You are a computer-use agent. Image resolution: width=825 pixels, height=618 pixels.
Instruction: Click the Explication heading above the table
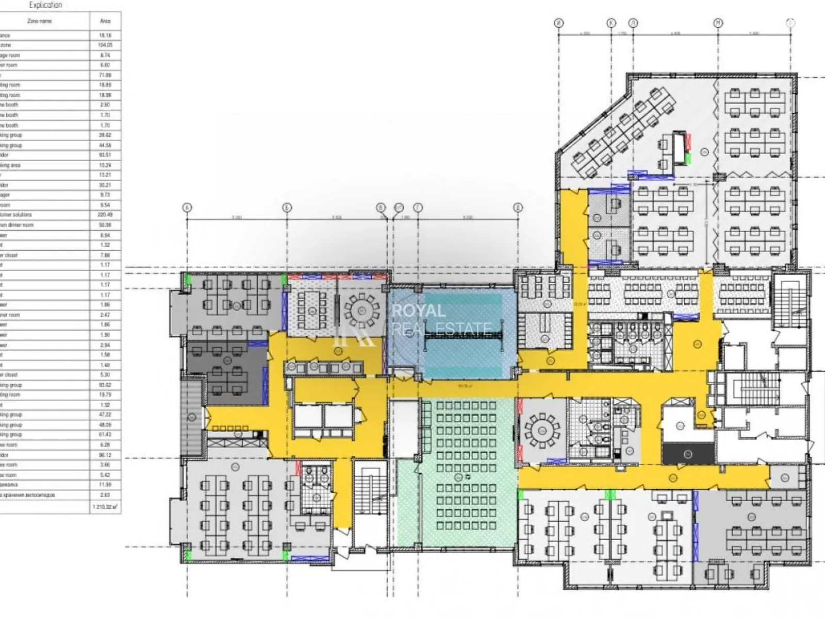[45, 5]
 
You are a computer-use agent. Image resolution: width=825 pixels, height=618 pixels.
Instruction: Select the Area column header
[105, 21]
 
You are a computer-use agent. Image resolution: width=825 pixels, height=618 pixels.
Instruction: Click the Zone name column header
[39, 21]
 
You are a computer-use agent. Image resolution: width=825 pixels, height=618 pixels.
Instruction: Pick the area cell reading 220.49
[105, 215]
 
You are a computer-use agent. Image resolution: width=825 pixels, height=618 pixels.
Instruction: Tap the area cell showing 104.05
[105, 45]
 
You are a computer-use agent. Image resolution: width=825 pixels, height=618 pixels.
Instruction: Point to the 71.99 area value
[105, 75]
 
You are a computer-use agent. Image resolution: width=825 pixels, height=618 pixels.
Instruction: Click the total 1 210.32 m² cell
[105, 507]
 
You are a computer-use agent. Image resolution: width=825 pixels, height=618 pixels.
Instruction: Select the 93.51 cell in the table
[105, 155]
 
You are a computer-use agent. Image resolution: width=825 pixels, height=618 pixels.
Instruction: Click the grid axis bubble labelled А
[187, 208]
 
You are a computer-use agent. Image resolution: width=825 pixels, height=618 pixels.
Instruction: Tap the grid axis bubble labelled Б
[287, 208]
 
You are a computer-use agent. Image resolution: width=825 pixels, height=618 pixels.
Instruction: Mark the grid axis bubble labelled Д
[518, 208]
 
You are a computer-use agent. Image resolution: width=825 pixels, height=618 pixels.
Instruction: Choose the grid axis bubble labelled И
[560, 23]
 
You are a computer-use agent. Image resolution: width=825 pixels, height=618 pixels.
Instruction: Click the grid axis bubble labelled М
[718, 23]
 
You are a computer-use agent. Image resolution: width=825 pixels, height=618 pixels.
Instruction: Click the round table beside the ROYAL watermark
[362, 310]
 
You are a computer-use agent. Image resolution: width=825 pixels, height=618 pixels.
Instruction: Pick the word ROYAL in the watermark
[418, 311]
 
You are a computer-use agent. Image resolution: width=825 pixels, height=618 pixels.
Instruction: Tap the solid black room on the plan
[688, 454]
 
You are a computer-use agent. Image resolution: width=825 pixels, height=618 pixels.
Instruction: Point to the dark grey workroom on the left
[227, 373]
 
